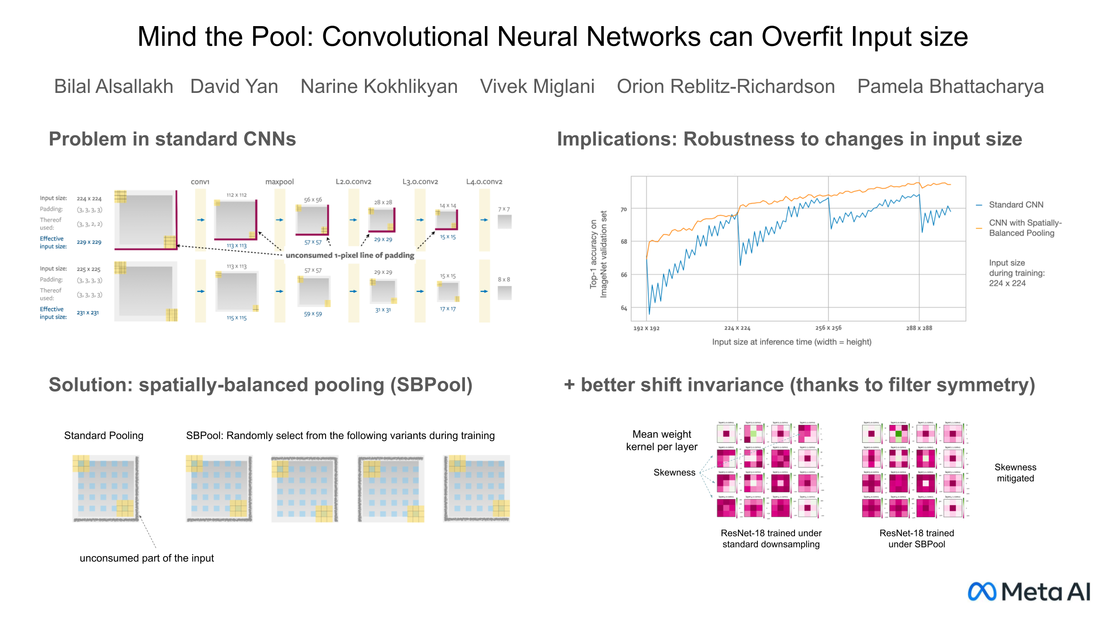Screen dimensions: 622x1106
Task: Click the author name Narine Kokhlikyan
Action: tap(379, 86)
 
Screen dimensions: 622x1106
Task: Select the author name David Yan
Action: tap(234, 86)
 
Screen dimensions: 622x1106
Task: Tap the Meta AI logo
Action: tap(1029, 591)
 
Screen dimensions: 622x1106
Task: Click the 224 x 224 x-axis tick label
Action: tap(737, 328)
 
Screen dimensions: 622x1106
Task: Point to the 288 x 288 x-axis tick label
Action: tap(919, 328)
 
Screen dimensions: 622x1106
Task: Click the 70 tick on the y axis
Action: tap(623, 209)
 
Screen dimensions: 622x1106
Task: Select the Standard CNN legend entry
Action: tap(1016, 205)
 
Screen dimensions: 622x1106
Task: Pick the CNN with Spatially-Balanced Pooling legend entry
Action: tap(1025, 228)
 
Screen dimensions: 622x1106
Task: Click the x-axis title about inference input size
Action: tap(791, 342)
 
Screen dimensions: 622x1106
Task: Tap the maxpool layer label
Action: tap(279, 182)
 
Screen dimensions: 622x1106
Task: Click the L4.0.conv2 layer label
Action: tap(484, 182)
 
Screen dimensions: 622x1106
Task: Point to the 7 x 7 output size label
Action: tap(504, 209)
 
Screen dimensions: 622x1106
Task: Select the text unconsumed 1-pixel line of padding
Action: tap(350, 255)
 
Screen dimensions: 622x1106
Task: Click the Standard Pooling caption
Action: tap(104, 436)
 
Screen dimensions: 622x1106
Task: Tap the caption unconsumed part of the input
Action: tap(146, 558)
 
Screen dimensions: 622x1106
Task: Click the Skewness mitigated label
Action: tap(1015, 473)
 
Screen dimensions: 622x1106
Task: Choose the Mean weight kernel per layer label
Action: tap(661, 441)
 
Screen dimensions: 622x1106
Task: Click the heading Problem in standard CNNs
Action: tap(172, 139)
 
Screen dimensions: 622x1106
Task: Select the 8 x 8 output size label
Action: tap(504, 280)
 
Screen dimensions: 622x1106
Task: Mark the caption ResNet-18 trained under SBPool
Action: tap(917, 539)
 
